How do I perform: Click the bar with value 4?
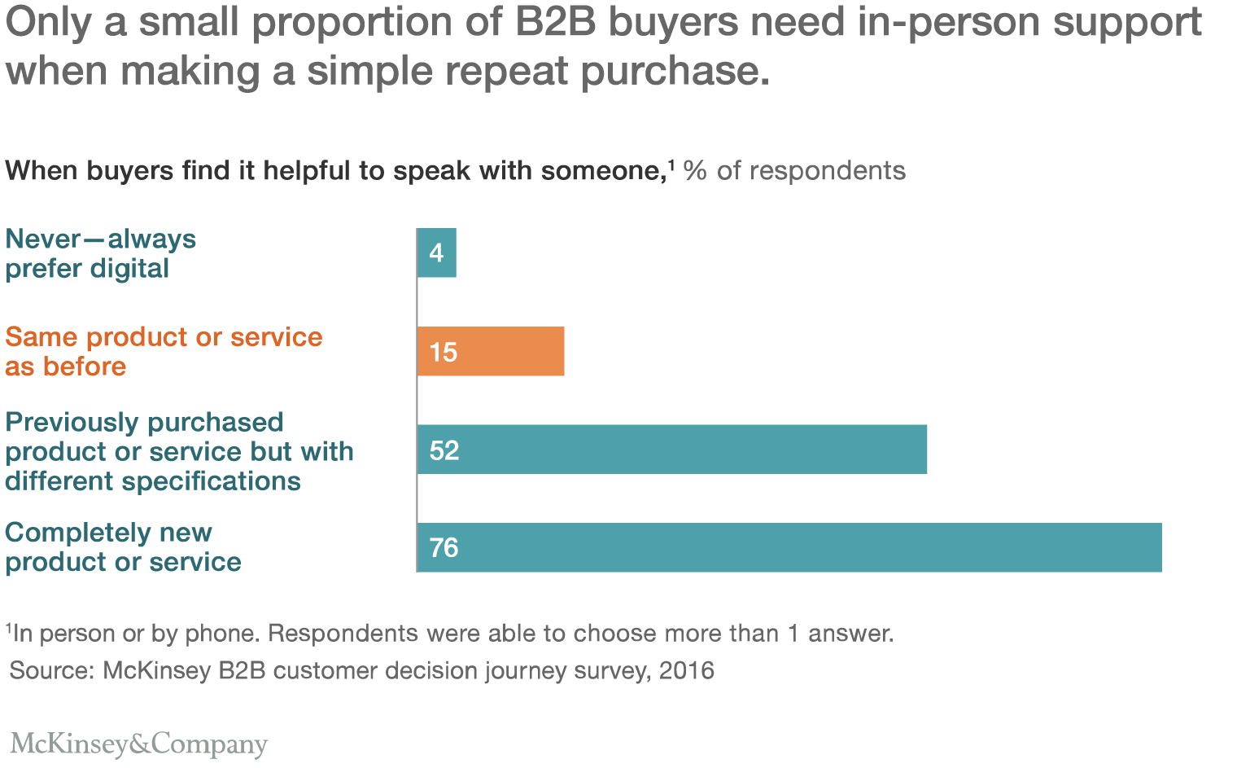(x=437, y=252)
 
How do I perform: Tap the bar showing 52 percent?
(x=671, y=449)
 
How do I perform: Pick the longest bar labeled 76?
(x=789, y=547)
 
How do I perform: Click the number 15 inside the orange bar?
(x=444, y=352)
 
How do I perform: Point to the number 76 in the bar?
(x=444, y=547)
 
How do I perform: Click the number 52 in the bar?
(x=444, y=450)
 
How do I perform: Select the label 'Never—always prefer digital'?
(x=100, y=253)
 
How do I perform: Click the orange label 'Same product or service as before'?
(x=163, y=351)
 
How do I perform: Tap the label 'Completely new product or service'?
(x=123, y=546)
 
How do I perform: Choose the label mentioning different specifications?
(x=179, y=451)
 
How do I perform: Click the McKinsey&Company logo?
(x=138, y=744)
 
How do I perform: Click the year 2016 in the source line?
(x=686, y=670)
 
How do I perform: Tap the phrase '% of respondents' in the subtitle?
(x=794, y=170)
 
